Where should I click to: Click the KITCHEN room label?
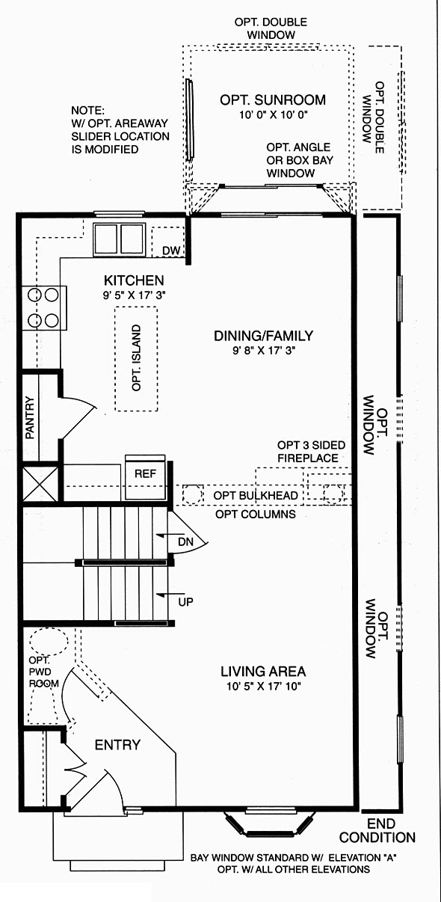(134, 280)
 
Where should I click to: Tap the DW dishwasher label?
(171, 251)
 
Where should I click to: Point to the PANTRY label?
(30, 417)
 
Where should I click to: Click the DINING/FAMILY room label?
(263, 335)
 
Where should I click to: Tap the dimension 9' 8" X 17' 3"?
(264, 350)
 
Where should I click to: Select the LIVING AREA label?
(263, 672)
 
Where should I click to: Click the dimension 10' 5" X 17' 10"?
(264, 686)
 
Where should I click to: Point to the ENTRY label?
(117, 745)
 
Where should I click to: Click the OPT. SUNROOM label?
(272, 99)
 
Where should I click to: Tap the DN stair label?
(185, 541)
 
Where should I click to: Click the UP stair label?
(186, 601)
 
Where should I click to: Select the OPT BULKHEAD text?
(256, 495)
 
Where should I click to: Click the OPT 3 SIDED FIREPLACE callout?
(311, 452)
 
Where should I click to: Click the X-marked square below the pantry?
(40, 484)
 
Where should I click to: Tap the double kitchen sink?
(120, 239)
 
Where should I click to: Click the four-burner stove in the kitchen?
(44, 308)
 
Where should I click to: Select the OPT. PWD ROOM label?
(43, 672)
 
